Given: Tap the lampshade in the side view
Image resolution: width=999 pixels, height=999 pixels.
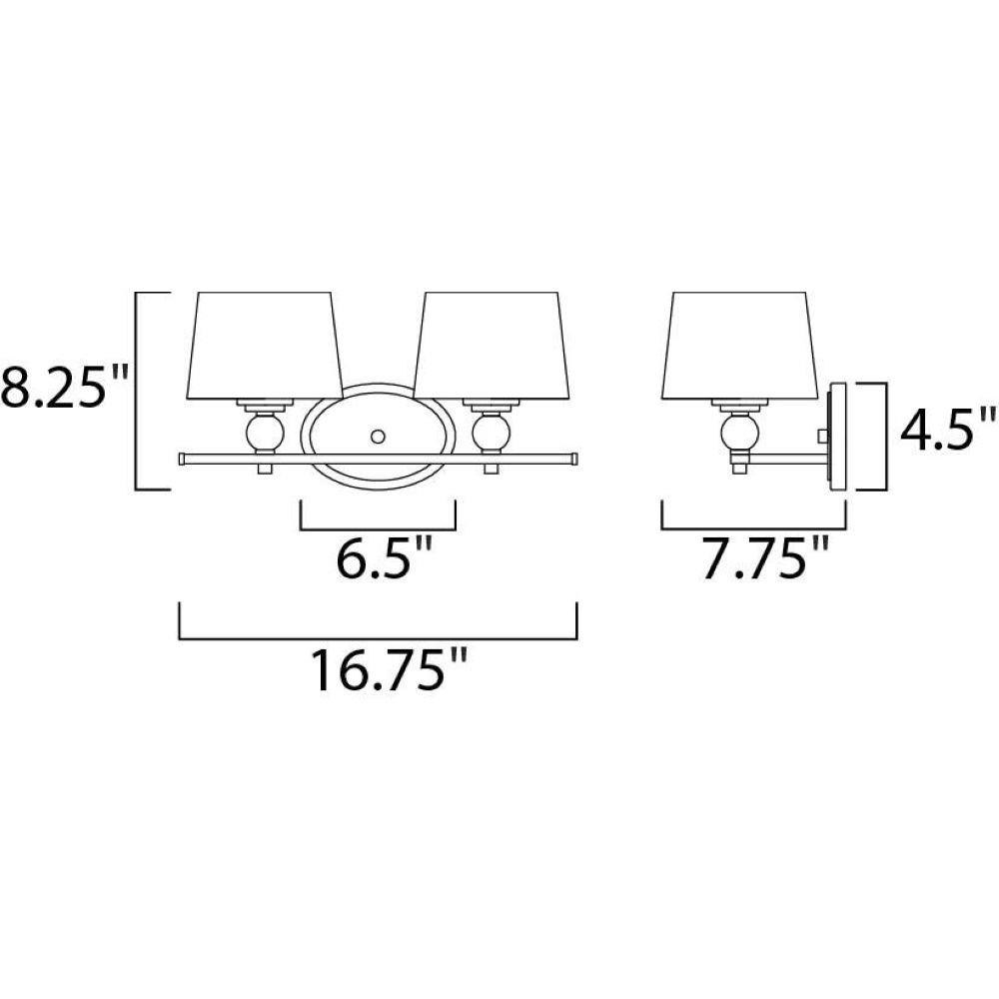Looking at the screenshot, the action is [x=739, y=347].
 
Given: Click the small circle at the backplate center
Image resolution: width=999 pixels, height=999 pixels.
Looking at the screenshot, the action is [x=378, y=437].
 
